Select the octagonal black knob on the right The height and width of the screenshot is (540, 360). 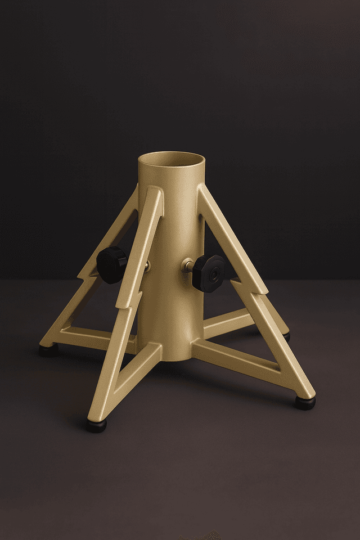tap(209, 273)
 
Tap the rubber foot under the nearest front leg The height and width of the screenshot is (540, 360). tap(96, 425)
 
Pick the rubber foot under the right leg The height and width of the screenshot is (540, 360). tap(305, 402)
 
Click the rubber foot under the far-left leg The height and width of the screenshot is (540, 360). tap(48, 350)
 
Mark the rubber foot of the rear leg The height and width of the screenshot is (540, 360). tap(286, 336)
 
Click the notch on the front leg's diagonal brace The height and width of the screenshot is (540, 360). tap(120, 304)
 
